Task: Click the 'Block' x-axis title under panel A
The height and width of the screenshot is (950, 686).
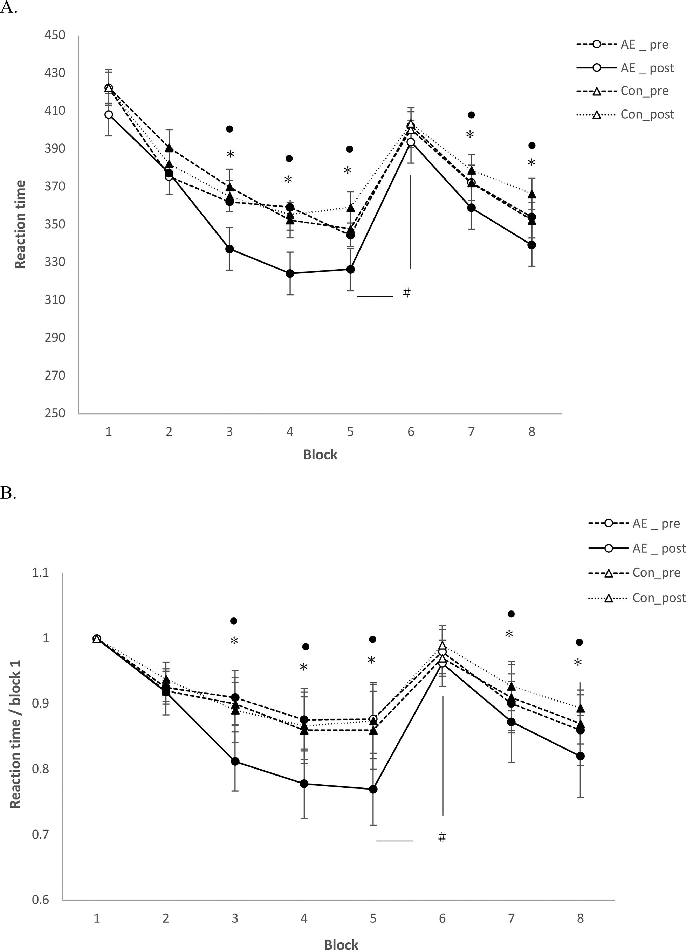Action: point(320,454)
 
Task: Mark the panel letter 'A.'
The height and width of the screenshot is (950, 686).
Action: point(9,9)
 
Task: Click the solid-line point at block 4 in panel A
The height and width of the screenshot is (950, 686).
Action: point(289,273)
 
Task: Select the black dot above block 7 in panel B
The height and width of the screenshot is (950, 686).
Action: point(511,614)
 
